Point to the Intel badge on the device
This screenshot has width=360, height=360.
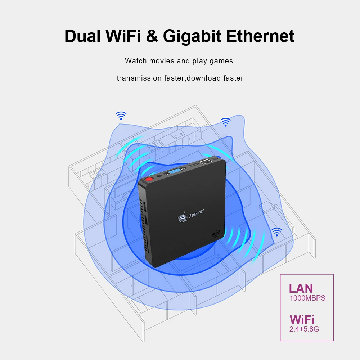pos(215,235)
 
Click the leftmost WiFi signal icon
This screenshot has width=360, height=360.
pos(121,116)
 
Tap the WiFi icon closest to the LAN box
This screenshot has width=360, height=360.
pos(276,232)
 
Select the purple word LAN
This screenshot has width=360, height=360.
pos(301,288)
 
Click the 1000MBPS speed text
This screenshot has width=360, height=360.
pos(307,298)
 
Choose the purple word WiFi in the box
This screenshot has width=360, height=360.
pos(302,319)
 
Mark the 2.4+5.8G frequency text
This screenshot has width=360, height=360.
pos(304,329)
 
